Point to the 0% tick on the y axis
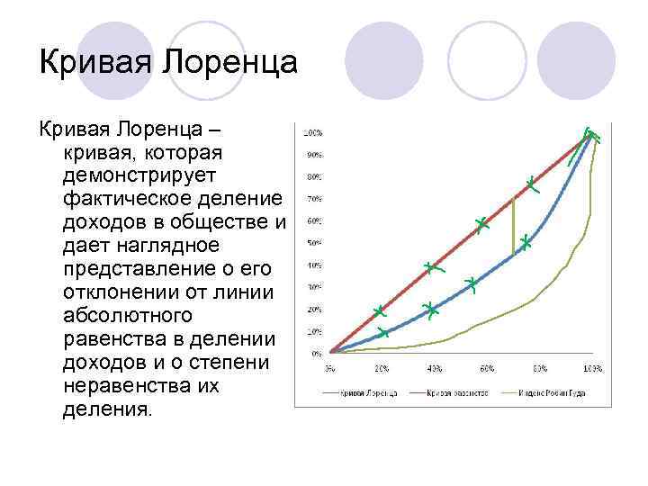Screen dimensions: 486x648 tap(318, 353)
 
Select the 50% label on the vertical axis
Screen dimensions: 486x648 tap(316, 243)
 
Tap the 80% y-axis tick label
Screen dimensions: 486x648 tap(316, 176)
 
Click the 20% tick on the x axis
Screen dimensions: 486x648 tap(382, 369)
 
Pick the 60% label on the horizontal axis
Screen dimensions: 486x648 tap(487, 369)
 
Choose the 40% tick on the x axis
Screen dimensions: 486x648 tap(434, 369)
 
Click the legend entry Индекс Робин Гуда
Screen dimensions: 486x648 tap(552, 393)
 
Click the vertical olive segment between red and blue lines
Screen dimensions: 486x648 tap(514, 225)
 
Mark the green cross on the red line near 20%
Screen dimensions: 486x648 tap(380, 312)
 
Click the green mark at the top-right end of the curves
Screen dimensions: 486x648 tap(591, 136)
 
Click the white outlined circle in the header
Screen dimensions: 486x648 tap(486, 60)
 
